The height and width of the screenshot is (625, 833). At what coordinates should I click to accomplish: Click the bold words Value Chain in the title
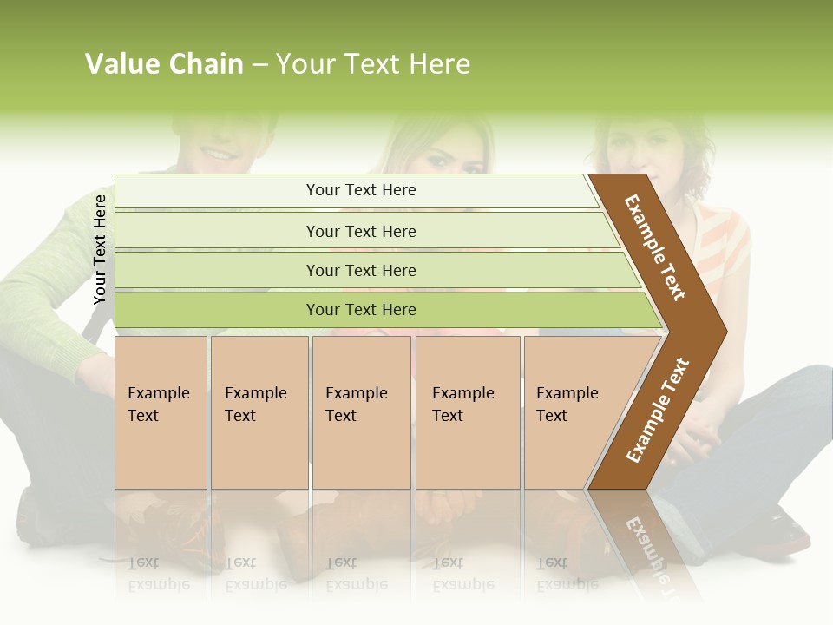click(x=164, y=64)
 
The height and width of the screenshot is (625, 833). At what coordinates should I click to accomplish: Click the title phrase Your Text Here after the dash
click(x=373, y=64)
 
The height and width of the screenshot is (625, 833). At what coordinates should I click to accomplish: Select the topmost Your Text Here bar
click(x=361, y=190)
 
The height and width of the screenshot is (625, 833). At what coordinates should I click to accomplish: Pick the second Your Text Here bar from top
click(x=361, y=231)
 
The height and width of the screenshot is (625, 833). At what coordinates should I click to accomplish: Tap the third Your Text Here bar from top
click(x=361, y=270)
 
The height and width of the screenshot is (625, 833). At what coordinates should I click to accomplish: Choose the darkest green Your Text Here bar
click(x=361, y=310)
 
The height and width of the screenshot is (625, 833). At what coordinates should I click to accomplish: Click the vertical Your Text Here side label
click(x=100, y=249)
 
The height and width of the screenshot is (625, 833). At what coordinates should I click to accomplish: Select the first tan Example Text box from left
click(x=161, y=412)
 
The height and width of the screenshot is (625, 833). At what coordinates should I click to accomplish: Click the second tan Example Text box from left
click(x=259, y=412)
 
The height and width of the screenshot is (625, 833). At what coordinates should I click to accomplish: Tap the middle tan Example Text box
click(x=361, y=412)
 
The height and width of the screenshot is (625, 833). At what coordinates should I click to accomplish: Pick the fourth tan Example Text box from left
click(x=468, y=412)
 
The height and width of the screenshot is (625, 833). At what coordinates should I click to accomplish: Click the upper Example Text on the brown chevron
click(x=655, y=247)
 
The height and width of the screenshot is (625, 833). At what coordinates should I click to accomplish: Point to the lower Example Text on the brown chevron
click(x=658, y=411)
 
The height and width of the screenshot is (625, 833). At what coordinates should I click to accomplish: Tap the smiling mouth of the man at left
click(x=219, y=154)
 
